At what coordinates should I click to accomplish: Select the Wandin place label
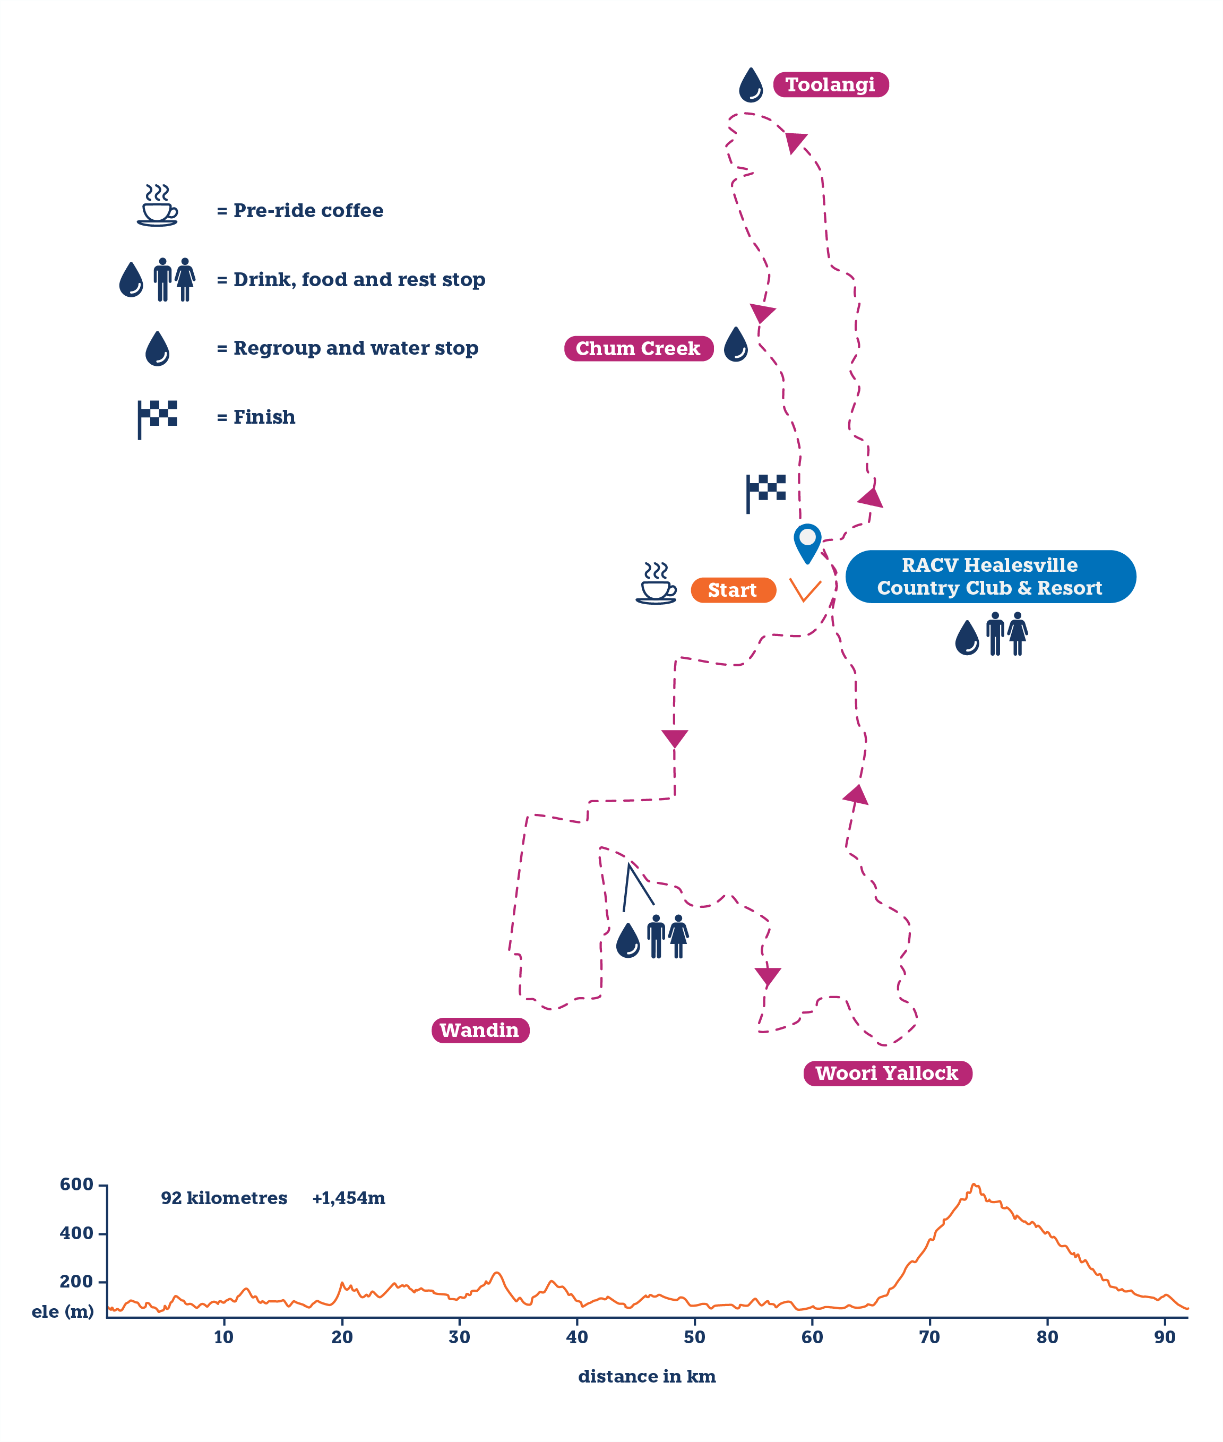click(x=480, y=1030)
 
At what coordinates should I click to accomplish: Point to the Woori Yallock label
click(x=887, y=1073)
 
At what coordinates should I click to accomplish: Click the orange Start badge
click(x=733, y=590)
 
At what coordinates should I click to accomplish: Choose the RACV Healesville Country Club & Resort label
click(x=989, y=576)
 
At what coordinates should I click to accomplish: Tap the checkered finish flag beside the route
click(x=765, y=492)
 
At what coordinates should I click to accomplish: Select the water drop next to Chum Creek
click(x=736, y=345)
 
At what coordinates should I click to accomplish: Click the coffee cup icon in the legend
click(x=157, y=205)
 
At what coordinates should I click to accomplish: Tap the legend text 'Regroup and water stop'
click(x=356, y=348)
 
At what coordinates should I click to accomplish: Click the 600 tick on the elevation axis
click(x=76, y=1184)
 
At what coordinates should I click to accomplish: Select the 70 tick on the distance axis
click(x=930, y=1337)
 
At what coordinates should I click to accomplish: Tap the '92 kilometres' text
click(x=224, y=1198)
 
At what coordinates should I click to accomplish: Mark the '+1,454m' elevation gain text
click(x=349, y=1198)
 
